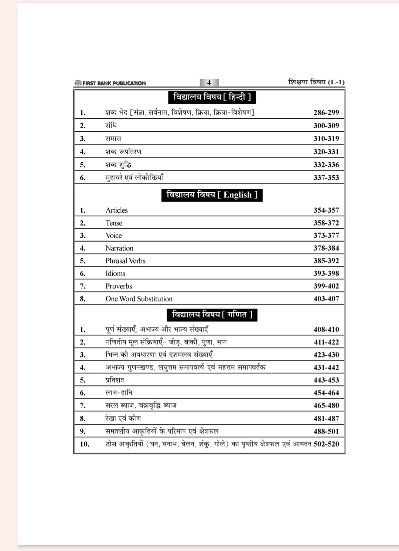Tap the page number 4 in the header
pyautogui.click(x=209, y=83)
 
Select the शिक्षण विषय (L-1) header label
pyautogui.click(x=316, y=82)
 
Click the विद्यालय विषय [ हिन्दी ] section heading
pyautogui.click(x=212, y=97)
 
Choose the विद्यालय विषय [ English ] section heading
pyautogui.click(x=212, y=195)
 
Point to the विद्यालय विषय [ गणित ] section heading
pyautogui.click(x=212, y=315)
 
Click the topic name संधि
pyautogui.click(x=111, y=126)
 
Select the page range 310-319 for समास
pyautogui.click(x=326, y=139)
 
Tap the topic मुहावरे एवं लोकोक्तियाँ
pyautogui.click(x=134, y=178)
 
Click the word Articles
pyautogui.click(x=116, y=210)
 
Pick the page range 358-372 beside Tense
pyautogui.click(x=326, y=223)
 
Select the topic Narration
pyautogui.click(x=119, y=248)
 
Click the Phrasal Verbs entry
pyautogui.click(x=125, y=261)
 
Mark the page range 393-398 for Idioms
pyautogui.click(x=326, y=274)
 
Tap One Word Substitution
pyautogui.click(x=139, y=299)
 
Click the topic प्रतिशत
pyautogui.click(x=115, y=380)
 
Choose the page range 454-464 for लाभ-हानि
pyautogui.click(x=326, y=393)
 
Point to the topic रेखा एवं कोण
pyautogui.click(x=123, y=418)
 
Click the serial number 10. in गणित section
pyautogui.click(x=85, y=444)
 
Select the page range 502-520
pyautogui.click(x=326, y=444)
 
